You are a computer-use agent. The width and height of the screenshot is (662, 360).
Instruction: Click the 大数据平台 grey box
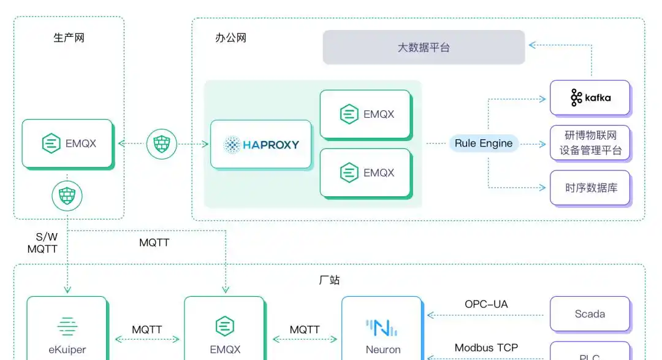tap(424, 47)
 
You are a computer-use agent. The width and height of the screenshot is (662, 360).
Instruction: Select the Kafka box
tap(590, 98)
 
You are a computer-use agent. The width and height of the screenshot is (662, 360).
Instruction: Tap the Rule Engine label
tap(484, 144)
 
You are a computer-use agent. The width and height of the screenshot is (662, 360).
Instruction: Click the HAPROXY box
tap(261, 145)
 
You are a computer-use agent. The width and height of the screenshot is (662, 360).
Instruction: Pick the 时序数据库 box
tap(590, 188)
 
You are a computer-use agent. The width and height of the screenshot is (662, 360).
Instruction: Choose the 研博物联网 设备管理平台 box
tap(590, 142)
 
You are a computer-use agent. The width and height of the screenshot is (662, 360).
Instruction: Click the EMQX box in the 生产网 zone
tap(67, 144)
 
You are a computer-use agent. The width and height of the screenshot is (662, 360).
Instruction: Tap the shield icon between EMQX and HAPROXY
tap(162, 144)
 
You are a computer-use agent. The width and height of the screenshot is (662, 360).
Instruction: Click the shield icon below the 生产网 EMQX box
tap(67, 196)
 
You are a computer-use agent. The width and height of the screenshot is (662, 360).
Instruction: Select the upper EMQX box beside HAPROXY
tap(365, 114)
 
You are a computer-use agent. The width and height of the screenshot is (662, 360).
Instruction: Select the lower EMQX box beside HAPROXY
tap(365, 173)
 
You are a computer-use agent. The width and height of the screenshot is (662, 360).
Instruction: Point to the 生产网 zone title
tap(69, 38)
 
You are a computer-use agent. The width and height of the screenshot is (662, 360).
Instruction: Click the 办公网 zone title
tap(230, 38)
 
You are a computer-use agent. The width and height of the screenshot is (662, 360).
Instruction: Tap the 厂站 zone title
tap(329, 280)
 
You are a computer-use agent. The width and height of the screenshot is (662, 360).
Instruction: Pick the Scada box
tap(590, 314)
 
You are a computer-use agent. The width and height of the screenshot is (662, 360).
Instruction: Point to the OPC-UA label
tap(486, 304)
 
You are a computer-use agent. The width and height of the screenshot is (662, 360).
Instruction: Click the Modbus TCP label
tap(486, 348)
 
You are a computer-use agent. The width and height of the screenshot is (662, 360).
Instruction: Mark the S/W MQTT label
tap(42, 243)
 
